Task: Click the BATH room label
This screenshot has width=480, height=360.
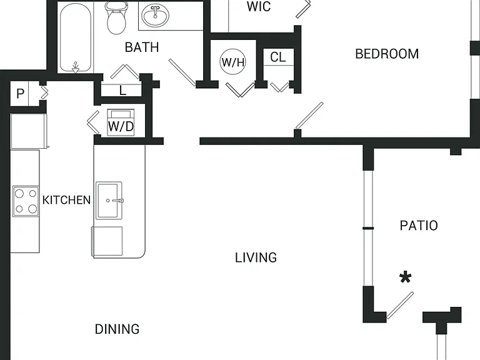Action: click(x=142, y=47)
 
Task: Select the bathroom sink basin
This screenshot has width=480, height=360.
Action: click(x=155, y=15)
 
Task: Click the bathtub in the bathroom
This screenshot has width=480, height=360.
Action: click(x=75, y=37)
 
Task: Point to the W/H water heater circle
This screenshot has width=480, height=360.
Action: click(x=233, y=62)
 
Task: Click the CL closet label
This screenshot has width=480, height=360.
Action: click(x=278, y=57)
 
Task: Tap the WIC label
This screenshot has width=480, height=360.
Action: click(x=259, y=7)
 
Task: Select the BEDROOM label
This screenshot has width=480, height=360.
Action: click(x=387, y=54)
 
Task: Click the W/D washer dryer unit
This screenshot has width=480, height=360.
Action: click(x=121, y=122)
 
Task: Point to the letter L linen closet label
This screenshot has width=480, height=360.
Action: click(x=122, y=91)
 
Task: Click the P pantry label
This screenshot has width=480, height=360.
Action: click(x=20, y=94)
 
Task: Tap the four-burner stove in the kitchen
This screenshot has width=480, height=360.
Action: click(x=26, y=201)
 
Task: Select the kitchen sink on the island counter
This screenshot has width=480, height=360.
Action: click(x=109, y=201)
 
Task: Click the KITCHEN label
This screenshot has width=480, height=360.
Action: click(x=66, y=200)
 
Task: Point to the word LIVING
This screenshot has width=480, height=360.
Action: click(x=256, y=257)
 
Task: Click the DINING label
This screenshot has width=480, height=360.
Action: click(x=117, y=329)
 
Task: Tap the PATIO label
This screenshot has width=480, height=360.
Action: click(x=419, y=226)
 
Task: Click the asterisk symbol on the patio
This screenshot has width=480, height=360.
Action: click(x=405, y=278)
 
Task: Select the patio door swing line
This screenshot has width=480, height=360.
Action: click(x=400, y=306)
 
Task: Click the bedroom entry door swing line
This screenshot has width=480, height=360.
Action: click(x=309, y=116)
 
